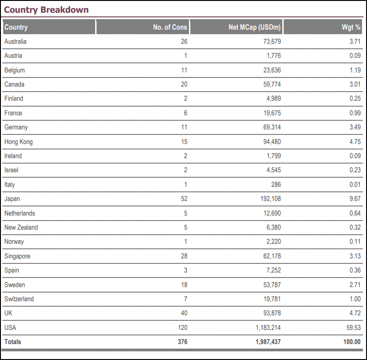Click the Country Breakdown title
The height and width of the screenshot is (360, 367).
click(x=46, y=10)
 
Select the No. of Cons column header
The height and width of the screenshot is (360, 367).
click(x=170, y=27)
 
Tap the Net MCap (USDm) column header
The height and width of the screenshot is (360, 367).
click(x=255, y=27)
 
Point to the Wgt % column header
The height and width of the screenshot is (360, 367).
click(x=351, y=27)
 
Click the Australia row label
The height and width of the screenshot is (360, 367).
click(x=15, y=41)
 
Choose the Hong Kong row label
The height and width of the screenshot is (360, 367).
click(x=19, y=142)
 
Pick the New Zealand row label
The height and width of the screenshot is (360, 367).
click(x=21, y=227)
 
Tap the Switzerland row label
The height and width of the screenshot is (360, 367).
click(x=19, y=299)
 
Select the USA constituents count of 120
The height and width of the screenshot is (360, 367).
click(x=182, y=328)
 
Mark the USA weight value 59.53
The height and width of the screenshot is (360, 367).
click(x=353, y=328)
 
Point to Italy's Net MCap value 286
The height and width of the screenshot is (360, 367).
click(x=275, y=185)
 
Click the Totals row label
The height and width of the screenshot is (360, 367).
click(x=13, y=342)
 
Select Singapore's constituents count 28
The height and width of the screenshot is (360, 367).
click(x=183, y=256)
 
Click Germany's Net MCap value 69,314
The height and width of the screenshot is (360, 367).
click(x=271, y=127)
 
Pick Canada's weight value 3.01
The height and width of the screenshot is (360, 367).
click(x=355, y=84)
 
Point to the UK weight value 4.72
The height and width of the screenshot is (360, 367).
click(x=355, y=313)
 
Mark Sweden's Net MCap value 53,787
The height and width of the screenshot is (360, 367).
click(x=271, y=285)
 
